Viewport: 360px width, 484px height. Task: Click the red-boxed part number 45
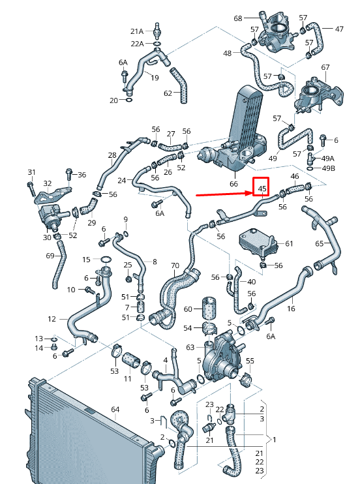click(x=262, y=189)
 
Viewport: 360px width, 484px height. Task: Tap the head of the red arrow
click(x=250, y=193)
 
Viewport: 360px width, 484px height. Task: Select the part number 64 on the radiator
click(x=115, y=410)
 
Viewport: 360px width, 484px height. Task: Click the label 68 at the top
click(x=237, y=18)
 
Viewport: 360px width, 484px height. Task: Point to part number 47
click(x=339, y=29)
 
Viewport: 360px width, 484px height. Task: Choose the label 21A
click(x=136, y=31)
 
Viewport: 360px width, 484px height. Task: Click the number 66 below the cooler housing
click(x=233, y=185)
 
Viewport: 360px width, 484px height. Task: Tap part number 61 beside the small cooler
click(x=290, y=244)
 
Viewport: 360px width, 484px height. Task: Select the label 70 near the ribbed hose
click(x=175, y=265)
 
